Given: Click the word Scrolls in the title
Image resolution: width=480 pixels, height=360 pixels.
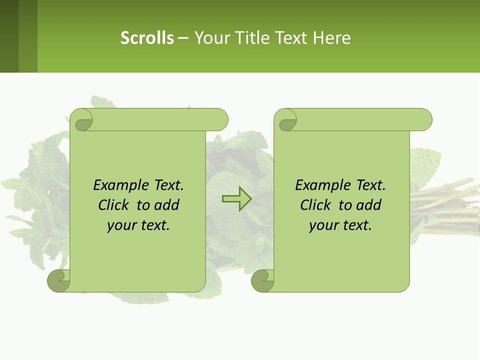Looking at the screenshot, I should click(x=147, y=38).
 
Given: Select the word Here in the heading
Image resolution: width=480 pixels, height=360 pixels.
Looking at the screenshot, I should click(x=332, y=38).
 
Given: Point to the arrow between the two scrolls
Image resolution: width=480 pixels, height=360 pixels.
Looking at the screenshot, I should click(x=236, y=199).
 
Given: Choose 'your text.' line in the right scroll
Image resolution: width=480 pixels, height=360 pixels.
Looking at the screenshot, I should click(x=340, y=225).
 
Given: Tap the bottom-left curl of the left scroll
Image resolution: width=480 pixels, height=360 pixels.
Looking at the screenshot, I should click(x=59, y=280).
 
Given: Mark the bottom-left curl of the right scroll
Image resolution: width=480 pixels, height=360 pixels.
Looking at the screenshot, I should click(x=263, y=280).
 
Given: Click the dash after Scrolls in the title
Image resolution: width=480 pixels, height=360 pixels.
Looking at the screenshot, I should click(x=183, y=38).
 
